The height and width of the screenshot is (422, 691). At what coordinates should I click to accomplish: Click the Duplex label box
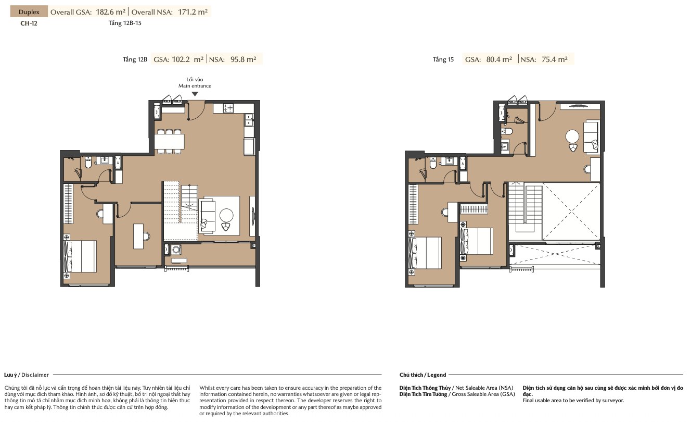pos(29,12)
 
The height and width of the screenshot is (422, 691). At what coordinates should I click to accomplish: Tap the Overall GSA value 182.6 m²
pos(110,12)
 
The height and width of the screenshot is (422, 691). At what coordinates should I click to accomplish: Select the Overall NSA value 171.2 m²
pos(193,12)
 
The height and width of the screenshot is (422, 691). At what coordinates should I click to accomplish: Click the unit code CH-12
pos(29,23)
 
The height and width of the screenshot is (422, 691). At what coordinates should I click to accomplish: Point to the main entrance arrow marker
pos(195,94)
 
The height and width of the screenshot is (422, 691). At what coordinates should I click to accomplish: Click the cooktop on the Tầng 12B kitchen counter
pos(228,108)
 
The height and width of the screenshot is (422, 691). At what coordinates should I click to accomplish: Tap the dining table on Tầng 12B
pos(169,142)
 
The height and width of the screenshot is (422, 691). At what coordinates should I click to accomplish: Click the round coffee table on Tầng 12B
pos(226,215)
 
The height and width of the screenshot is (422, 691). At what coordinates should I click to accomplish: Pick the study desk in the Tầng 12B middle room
pos(138,237)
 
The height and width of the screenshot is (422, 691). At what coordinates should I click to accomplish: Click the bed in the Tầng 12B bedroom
pos(80,256)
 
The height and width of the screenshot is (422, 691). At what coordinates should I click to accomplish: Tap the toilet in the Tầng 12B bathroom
pos(88,163)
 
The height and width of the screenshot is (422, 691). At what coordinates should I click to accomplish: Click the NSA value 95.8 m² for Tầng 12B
pos(243,59)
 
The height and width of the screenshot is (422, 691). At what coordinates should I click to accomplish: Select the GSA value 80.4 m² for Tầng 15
pos(499,59)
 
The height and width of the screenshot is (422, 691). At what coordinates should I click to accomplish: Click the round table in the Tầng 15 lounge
pos(572,136)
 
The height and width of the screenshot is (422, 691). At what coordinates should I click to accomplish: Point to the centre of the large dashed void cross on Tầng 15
pos(572,212)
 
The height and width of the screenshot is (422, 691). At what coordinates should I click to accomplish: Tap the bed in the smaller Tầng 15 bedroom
pos(476,241)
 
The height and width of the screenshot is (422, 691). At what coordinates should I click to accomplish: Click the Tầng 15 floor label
pos(443,59)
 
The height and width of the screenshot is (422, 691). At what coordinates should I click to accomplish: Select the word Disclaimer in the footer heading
pos(35,375)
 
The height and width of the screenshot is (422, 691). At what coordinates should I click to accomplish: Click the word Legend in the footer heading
pos(436,375)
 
